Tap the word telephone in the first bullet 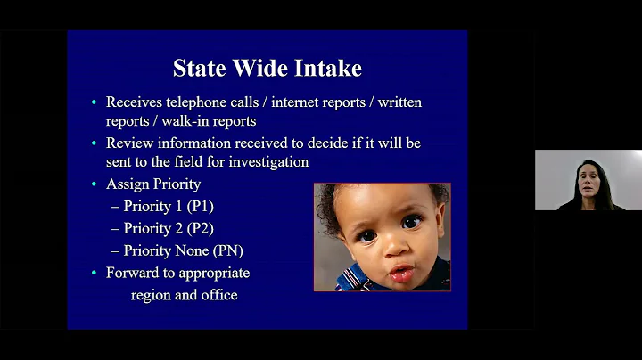[196, 102]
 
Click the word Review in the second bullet [130, 143]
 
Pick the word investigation [265, 162]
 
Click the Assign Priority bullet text [152, 184]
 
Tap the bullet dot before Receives [94, 102]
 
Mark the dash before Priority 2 [114, 228]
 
